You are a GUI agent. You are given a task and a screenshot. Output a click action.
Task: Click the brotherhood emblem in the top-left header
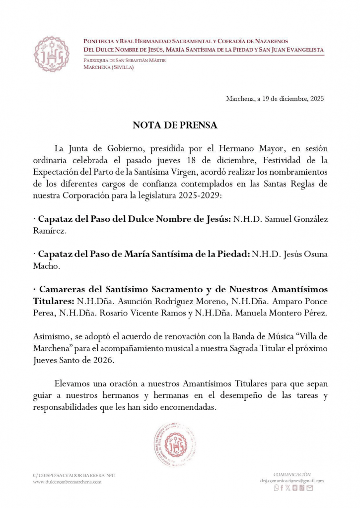pyautogui.click(x=52, y=54)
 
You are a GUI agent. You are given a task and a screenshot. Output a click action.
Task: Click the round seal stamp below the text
pyautogui.click(x=174, y=444)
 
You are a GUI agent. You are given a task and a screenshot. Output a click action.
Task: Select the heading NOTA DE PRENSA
pyautogui.click(x=175, y=126)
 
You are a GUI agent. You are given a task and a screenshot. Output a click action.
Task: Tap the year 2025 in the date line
pyautogui.click(x=317, y=99)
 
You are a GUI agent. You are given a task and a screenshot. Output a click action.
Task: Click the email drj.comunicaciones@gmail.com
pyautogui.click(x=291, y=481)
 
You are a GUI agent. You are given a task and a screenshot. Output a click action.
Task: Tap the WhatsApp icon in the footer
pyautogui.click(x=277, y=488)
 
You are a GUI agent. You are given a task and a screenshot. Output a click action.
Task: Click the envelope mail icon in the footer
pyautogui.click(x=310, y=488)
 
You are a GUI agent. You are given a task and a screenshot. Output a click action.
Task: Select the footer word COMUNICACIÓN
pyautogui.click(x=292, y=474)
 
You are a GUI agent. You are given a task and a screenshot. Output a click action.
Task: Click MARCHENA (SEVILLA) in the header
pyautogui.click(x=108, y=67)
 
